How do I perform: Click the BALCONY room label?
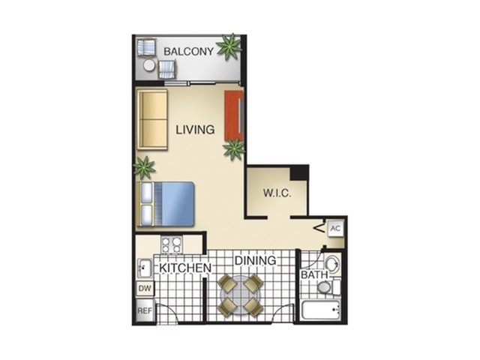[187, 52]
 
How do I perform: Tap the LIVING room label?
[195, 130]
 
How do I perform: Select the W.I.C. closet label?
[276, 192]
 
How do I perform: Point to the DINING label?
[255, 260]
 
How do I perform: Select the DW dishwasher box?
[145, 288]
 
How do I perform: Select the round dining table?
[239, 295]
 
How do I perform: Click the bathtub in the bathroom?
[321, 310]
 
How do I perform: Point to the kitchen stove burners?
[172, 244]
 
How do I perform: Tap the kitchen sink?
[145, 268]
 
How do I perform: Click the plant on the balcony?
[229, 48]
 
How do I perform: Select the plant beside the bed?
[144, 166]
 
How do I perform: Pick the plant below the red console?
[234, 150]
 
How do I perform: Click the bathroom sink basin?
[331, 264]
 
